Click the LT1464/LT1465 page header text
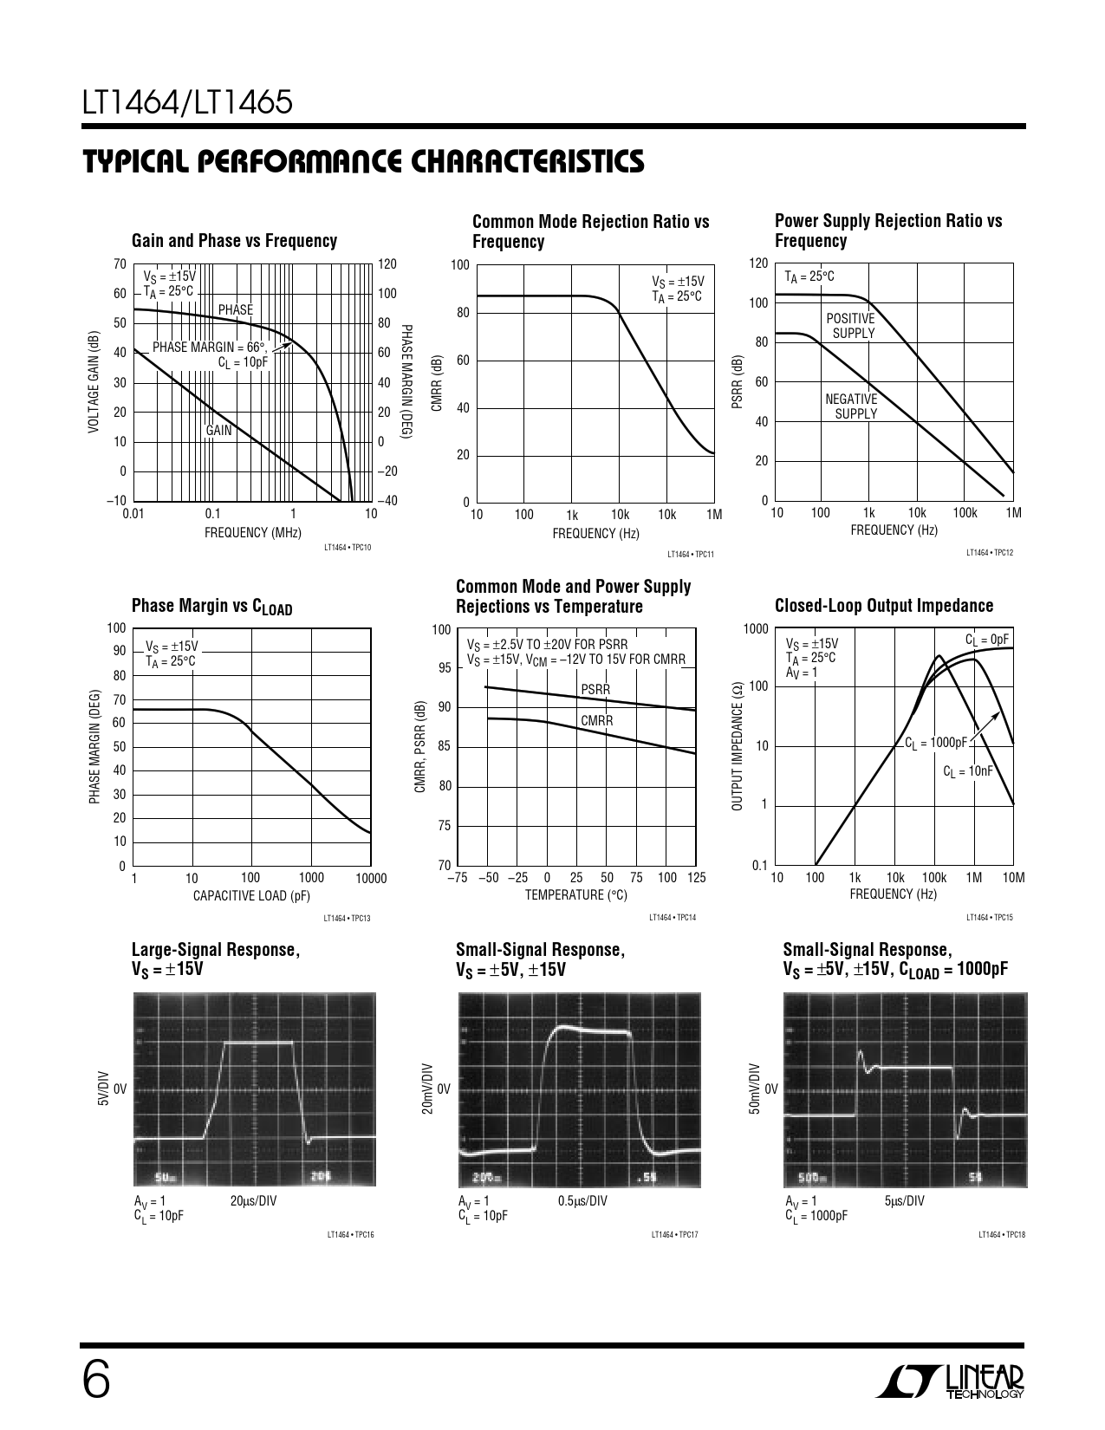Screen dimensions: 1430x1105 187,104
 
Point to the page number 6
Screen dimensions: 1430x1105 96,1379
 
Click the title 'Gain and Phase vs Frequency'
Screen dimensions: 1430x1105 234,241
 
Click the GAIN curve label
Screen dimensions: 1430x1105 218,430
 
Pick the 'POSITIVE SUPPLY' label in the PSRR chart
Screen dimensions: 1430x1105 851,326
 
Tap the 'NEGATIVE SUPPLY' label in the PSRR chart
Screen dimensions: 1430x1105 852,406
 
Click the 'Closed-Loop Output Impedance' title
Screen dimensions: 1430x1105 884,606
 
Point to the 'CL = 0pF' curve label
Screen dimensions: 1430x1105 987,640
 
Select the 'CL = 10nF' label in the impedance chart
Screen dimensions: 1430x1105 967,771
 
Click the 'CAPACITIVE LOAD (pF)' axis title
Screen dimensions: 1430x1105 251,896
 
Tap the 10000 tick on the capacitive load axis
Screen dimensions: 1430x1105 370,878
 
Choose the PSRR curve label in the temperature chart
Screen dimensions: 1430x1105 595,690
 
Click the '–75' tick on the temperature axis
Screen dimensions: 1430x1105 458,878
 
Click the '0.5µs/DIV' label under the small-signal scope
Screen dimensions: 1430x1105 582,1200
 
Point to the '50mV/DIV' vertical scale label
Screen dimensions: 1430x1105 754,1089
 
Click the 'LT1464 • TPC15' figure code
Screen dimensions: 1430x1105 990,916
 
